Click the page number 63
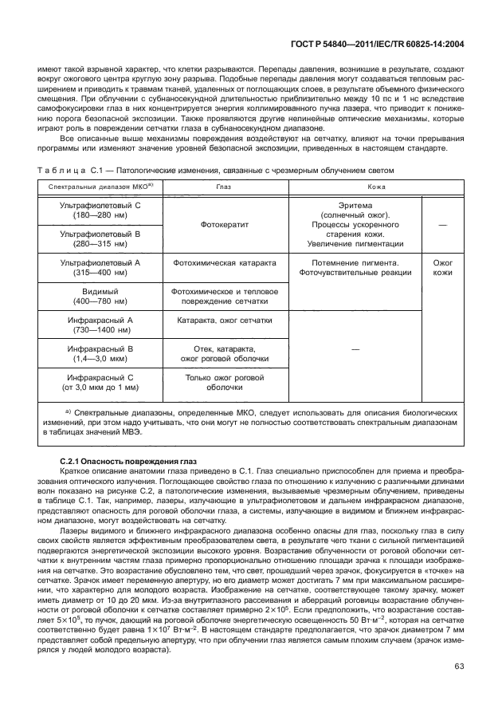click(x=459, y=687)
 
